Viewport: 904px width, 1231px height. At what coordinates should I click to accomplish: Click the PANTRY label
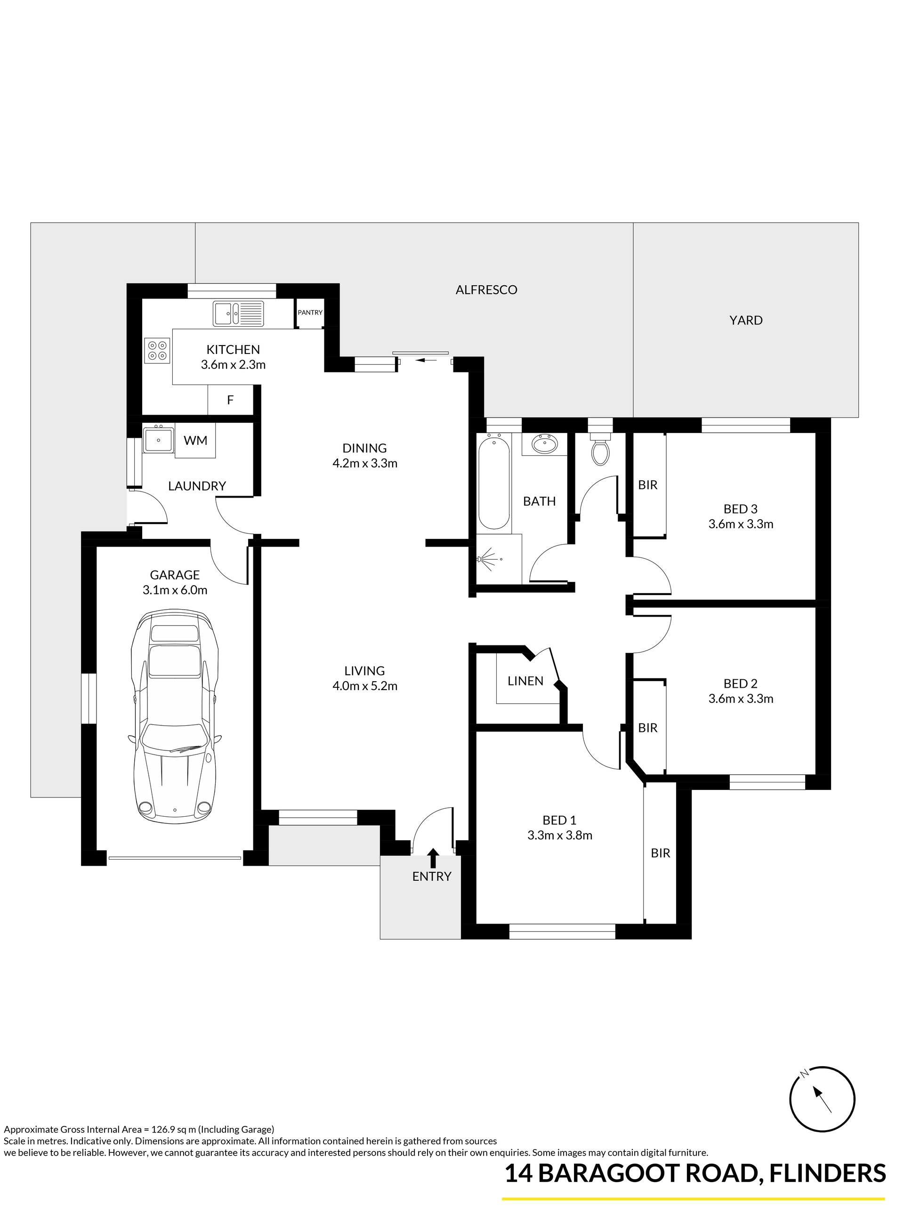(x=310, y=313)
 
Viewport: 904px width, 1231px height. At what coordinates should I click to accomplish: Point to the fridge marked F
(x=230, y=400)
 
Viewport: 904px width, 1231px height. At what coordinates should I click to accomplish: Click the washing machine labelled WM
(x=195, y=441)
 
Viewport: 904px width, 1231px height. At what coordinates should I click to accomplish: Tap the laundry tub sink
(x=158, y=439)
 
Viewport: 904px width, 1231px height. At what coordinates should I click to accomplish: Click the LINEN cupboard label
(x=525, y=681)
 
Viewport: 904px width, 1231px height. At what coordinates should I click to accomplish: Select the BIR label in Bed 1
(x=661, y=853)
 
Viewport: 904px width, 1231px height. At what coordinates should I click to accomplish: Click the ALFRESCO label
(x=486, y=290)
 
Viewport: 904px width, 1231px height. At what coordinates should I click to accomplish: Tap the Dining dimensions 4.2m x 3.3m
(x=365, y=463)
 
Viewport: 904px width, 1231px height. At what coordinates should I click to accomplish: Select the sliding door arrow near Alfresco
(x=426, y=360)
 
